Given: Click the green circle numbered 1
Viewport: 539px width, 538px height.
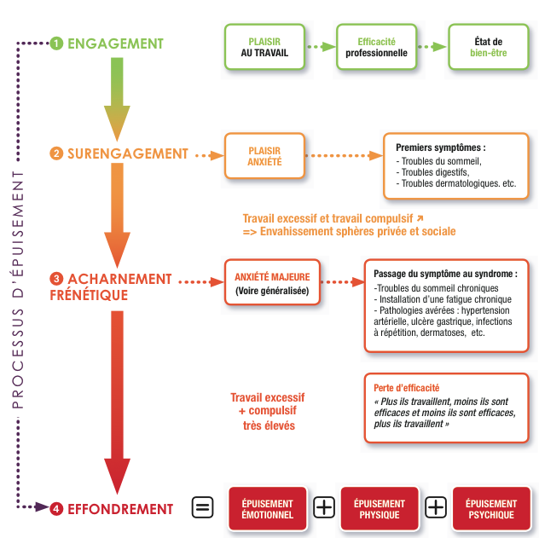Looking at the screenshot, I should [x=57, y=43].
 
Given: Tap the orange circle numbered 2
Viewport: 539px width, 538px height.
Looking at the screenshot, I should [x=57, y=154].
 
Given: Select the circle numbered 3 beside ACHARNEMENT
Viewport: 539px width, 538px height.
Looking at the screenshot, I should [x=57, y=279].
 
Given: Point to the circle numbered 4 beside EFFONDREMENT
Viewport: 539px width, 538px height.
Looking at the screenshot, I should [x=57, y=509].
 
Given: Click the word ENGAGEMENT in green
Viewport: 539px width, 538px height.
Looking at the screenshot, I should [x=115, y=43].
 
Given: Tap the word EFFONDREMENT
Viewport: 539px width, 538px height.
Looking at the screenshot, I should [x=120, y=509].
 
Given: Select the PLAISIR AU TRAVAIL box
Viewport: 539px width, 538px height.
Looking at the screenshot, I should [x=264, y=47].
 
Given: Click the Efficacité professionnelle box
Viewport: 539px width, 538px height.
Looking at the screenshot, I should [x=376, y=47].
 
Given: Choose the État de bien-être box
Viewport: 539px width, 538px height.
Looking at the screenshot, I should [x=488, y=47].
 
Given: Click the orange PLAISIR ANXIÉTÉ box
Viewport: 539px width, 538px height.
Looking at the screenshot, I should [x=264, y=155].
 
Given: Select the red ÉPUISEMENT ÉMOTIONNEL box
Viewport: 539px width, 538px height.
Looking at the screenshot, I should [x=267, y=509].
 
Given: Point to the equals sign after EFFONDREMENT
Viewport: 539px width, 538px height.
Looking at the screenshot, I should [x=202, y=508].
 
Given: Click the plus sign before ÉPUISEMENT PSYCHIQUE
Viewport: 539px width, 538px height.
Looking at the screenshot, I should [x=436, y=508].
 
